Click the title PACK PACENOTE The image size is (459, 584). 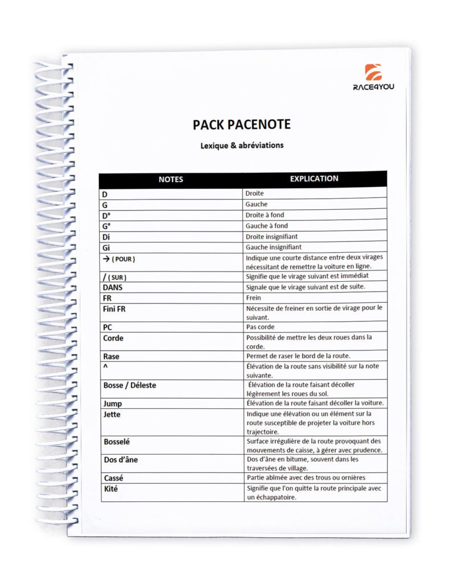(242, 124)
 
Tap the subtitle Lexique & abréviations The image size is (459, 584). (242, 145)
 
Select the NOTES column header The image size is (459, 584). (170, 179)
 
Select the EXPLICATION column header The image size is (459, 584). (314, 179)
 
